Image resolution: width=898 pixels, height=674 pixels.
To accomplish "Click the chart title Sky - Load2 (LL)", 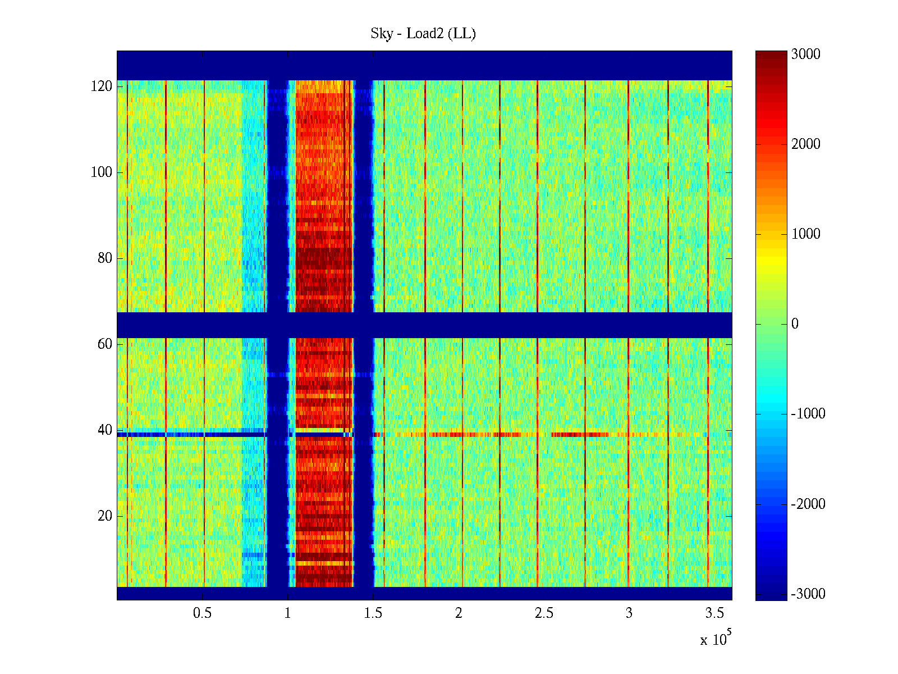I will click(x=423, y=34).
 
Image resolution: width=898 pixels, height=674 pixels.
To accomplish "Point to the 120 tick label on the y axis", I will click(x=102, y=86).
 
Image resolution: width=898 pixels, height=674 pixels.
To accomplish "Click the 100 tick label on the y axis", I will click(x=102, y=172).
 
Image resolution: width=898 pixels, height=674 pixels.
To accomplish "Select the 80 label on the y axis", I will click(x=105, y=258).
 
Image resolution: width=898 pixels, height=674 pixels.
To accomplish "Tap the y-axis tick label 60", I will click(x=105, y=344).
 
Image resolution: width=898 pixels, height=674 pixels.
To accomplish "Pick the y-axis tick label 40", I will click(x=105, y=430).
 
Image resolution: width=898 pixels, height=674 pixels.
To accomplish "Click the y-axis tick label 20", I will click(x=105, y=516).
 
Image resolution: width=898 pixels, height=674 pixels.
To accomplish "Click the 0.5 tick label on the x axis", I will click(x=202, y=613).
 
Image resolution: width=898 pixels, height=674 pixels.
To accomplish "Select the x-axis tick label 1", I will click(x=287, y=613).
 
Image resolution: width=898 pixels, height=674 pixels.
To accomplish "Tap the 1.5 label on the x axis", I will click(x=373, y=613).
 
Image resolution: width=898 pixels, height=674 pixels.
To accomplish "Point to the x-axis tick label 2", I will click(x=459, y=613).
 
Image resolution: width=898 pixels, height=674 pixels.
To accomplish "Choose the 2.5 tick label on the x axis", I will click(x=544, y=613).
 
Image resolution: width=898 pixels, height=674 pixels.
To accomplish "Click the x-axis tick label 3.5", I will click(x=714, y=613).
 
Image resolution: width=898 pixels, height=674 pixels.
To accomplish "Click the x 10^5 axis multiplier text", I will click(x=716, y=639).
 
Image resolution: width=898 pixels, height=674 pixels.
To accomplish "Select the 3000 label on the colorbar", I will click(x=806, y=54).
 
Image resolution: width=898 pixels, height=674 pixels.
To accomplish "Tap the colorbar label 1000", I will click(x=806, y=234).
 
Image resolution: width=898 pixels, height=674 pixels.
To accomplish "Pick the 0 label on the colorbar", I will click(x=795, y=324).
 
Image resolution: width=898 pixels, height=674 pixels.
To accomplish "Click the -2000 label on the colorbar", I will click(x=808, y=504).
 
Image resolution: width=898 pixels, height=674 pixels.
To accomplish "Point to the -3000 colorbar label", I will click(x=808, y=594).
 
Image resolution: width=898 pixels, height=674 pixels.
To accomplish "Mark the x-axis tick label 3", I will click(x=629, y=613).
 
